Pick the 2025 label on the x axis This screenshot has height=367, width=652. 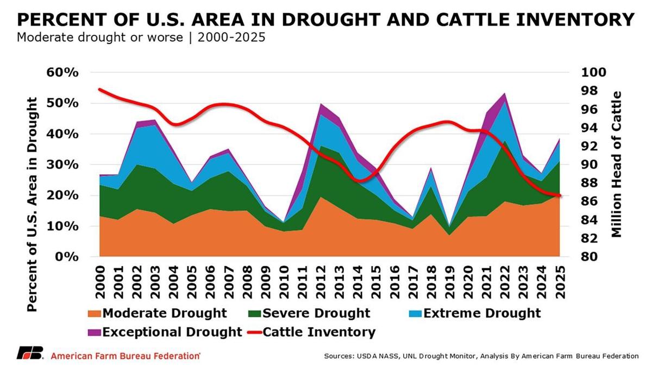coord(560,282)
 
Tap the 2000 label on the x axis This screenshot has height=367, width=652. coord(99,282)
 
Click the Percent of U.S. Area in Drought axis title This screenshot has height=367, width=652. coord(32,204)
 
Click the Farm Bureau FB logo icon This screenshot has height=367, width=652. coord(30,354)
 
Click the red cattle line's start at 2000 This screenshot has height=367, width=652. coord(99,89)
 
